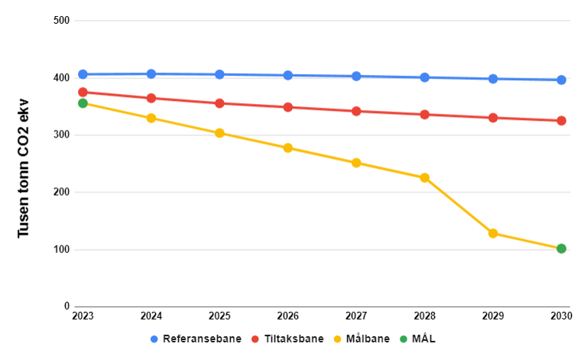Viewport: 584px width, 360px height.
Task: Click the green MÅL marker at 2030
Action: (561, 248)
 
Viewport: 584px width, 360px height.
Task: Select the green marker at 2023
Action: (83, 103)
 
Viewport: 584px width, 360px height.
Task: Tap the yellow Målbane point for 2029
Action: (493, 233)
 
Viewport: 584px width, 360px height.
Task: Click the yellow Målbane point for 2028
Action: (424, 178)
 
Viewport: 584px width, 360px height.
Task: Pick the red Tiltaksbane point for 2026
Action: (287, 107)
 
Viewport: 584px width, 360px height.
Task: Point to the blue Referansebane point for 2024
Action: (151, 74)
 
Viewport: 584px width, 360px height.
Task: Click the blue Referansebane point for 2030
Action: (561, 79)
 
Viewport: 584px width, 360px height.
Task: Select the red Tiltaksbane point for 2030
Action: (561, 121)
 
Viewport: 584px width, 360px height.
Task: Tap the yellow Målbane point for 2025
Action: (219, 133)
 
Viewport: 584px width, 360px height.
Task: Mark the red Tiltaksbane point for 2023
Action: (83, 92)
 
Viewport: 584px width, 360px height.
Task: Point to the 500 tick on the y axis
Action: (62, 21)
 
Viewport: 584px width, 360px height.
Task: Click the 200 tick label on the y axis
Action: (62, 193)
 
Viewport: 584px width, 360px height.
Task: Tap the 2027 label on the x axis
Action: (356, 316)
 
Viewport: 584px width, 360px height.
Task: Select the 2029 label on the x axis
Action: (493, 316)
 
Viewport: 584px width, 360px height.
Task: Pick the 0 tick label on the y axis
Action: (67, 306)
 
